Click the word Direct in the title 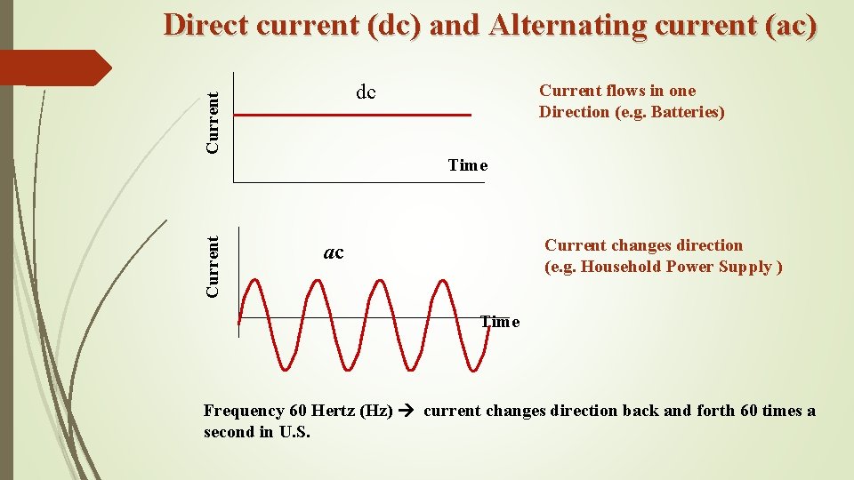(x=209, y=25)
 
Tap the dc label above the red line (x=366, y=92)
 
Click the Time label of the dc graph (x=468, y=165)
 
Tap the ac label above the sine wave (x=334, y=253)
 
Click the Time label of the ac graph (x=500, y=322)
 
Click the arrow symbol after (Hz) (x=407, y=411)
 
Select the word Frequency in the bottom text (x=244, y=411)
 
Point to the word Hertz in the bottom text (x=334, y=411)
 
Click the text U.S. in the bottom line (x=294, y=432)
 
